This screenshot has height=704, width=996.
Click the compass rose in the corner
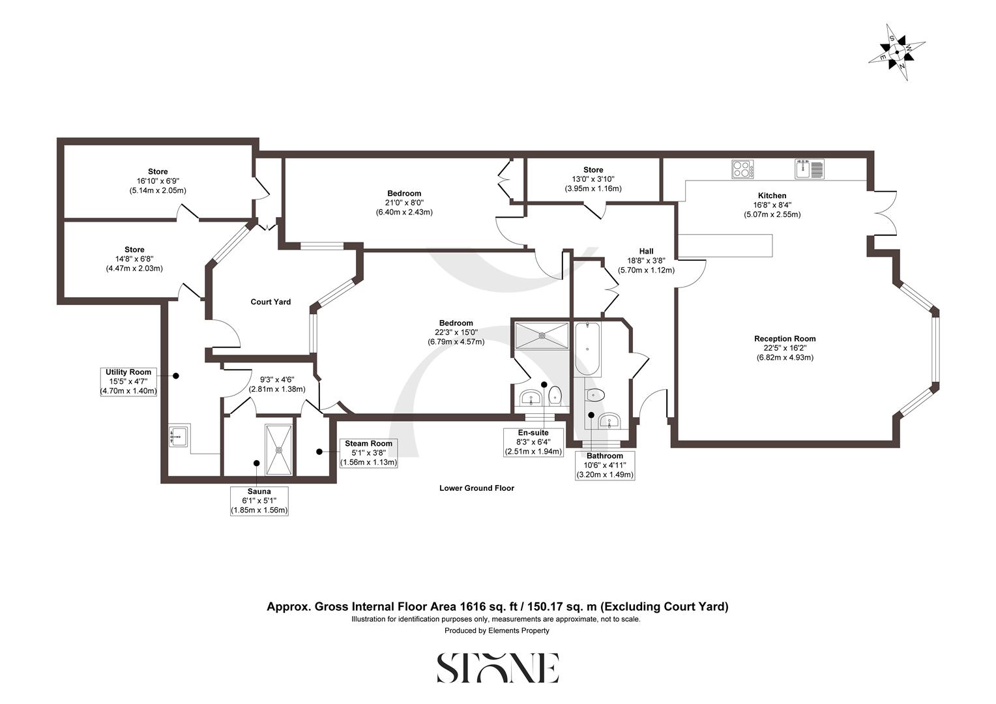[897, 52]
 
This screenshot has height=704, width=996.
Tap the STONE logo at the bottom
[497, 668]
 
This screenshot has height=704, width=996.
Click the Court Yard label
[271, 302]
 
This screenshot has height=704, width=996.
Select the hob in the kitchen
[742, 169]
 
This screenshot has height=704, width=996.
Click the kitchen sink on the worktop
[809, 169]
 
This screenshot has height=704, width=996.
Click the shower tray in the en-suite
[541, 336]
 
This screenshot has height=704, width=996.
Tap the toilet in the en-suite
[555, 394]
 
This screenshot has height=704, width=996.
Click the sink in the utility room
[179, 435]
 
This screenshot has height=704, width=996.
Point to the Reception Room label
[785, 339]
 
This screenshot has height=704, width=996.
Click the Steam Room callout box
[368, 453]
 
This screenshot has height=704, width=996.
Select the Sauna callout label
[259, 501]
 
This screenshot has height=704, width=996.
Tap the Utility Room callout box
[128, 381]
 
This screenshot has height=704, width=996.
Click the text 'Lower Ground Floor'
[476, 488]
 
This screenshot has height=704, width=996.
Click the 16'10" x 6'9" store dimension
[158, 181]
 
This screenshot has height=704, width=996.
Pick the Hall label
[646, 251]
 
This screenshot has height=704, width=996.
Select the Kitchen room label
[772, 196]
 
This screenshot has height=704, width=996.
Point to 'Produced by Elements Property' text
[497, 630]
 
